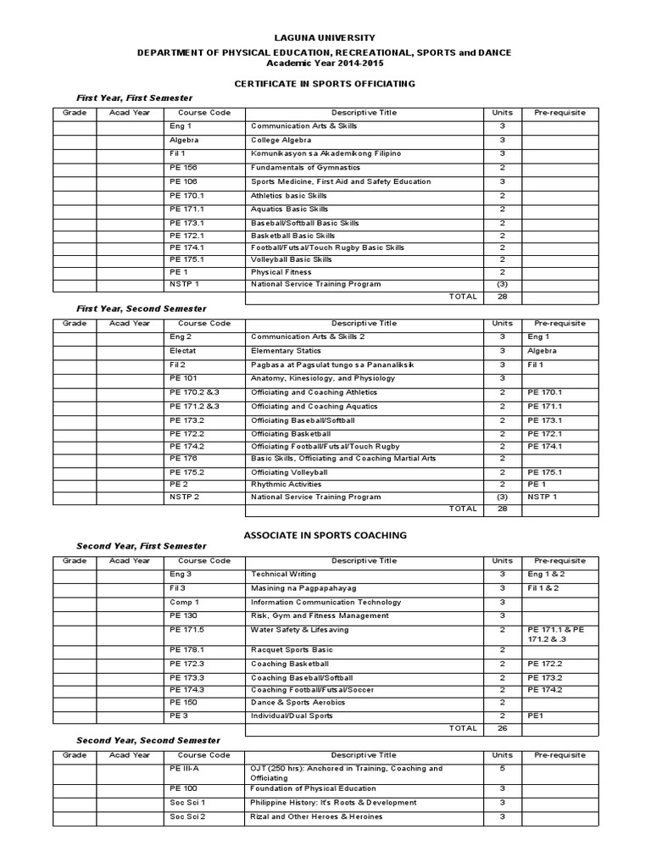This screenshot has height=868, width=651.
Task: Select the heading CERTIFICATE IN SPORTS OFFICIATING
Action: click(x=325, y=83)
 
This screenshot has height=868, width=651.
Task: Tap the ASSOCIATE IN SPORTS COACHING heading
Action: click(x=325, y=535)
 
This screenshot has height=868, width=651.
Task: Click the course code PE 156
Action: click(x=183, y=168)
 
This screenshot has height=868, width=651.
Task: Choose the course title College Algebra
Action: click(x=280, y=140)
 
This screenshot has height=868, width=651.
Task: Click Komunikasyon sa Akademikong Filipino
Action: click(x=325, y=153)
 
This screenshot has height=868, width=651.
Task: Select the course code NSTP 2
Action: click(x=185, y=497)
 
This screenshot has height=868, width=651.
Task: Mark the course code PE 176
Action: click(x=183, y=458)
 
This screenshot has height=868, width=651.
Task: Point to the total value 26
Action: click(x=502, y=727)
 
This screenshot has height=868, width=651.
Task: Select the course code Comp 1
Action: click(x=184, y=602)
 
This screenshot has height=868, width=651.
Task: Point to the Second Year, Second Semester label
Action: click(x=148, y=741)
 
